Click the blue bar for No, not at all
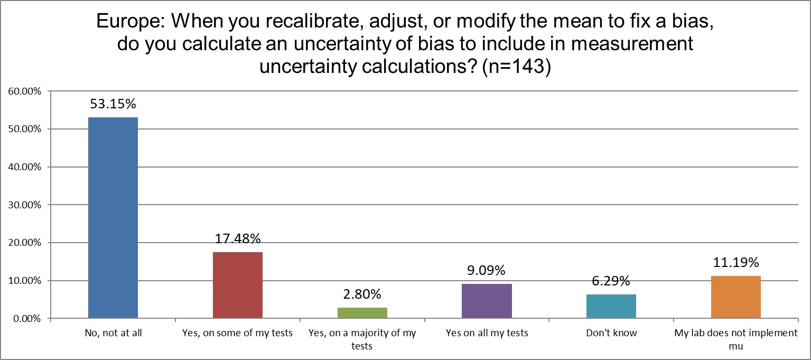pyautogui.click(x=113, y=218)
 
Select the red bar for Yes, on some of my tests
pyautogui.click(x=237, y=285)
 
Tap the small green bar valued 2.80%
pyautogui.click(x=362, y=313)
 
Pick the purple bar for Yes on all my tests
pyautogui.click(x=487, y=301)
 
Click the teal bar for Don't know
pyautogui.click(x=611, y=306)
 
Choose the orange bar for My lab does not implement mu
pyautogui.click(x=735, y=297)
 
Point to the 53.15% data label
pyautogui.click(x=113, y=104)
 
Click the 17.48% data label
pyautogui.click(x=238, y=239)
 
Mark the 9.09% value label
pyautogui.click(x=487, y=271)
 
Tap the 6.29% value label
pyautogui.click(x=611, y=281)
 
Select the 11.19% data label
pyautogui.click(x=736, y=263)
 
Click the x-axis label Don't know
pyautogui.click(x=611, y=333)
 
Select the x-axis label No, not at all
pyautogui.click(x=113, y=333)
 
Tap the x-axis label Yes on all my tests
pyautogui.click(x=487, y=333)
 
